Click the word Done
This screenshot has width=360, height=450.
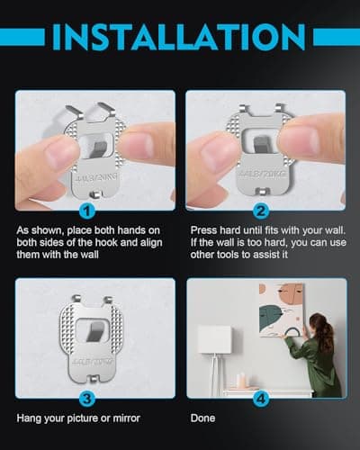202,418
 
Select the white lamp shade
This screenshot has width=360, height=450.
215,338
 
